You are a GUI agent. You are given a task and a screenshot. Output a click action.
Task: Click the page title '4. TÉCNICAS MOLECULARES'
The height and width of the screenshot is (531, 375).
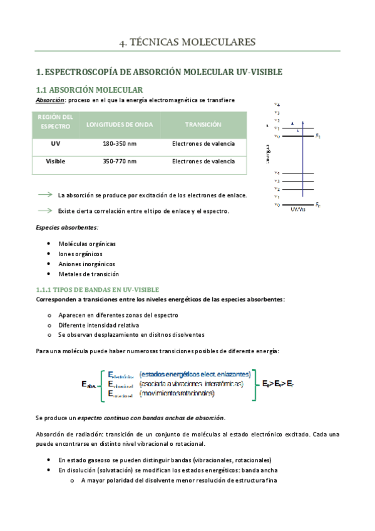point(187,43)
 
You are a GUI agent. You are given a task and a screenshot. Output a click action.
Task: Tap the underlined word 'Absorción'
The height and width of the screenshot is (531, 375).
point(49,100)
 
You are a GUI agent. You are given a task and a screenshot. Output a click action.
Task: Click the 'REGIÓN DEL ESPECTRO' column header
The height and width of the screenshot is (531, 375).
point(56,122)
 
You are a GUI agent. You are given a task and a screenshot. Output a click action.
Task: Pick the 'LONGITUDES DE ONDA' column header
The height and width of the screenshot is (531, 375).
point(119,125)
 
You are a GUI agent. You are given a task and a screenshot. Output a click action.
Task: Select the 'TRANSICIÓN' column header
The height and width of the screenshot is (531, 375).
point(203,125)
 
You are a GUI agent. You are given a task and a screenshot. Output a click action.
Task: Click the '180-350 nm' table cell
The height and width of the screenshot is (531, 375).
point(119,144)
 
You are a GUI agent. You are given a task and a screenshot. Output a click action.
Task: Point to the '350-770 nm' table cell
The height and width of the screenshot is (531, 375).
point(119,162)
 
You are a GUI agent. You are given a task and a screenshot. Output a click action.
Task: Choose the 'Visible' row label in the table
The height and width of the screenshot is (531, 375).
point(56,162)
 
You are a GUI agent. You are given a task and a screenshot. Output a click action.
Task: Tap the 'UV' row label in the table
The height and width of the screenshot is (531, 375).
point(56,144)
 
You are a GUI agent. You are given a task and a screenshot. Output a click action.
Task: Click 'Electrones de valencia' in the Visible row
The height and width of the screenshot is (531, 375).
point(203,162)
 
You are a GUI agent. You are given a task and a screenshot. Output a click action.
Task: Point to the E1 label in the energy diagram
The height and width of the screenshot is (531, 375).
point(318,135)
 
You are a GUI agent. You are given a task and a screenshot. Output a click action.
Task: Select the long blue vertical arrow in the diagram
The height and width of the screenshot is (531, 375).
point(303,163)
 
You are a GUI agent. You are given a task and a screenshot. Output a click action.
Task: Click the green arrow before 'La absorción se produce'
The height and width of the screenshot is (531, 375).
point(45,195)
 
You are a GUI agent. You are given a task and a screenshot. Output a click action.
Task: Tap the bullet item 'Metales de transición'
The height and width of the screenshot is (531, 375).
point(88,274)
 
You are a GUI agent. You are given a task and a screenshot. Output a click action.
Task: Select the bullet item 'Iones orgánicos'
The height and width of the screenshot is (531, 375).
point(80,254)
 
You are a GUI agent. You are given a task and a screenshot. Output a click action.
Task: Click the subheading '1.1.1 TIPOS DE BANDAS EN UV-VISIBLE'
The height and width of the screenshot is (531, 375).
point(97,289)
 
